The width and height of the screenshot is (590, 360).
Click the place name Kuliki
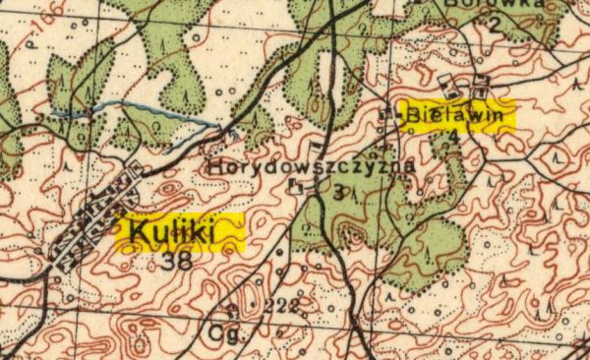(177, 233)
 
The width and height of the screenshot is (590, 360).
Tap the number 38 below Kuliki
(179, 262)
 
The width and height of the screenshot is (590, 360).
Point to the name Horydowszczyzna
(312, 167)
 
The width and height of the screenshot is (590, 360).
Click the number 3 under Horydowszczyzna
(338, 194)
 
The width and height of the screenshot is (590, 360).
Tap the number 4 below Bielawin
(451, 139)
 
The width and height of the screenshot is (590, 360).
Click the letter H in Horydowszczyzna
(214, 167)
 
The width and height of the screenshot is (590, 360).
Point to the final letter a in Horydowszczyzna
(409, 167)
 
